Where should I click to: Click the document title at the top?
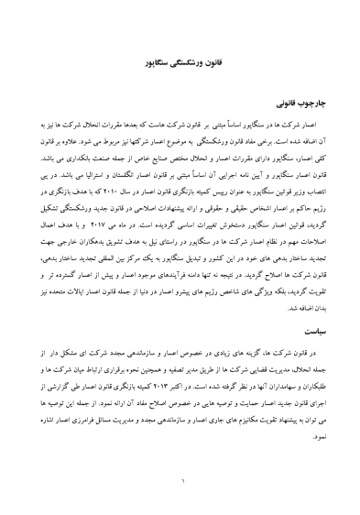point(180,67)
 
